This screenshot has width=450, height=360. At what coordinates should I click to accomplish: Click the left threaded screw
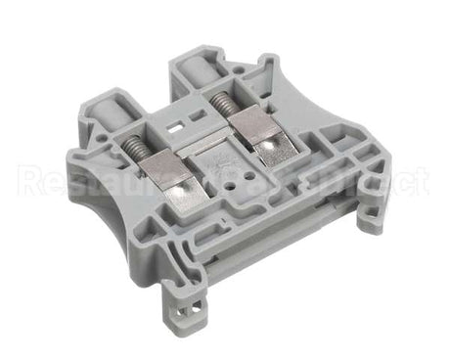139,146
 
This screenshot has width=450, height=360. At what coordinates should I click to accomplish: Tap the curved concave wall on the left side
103,196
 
